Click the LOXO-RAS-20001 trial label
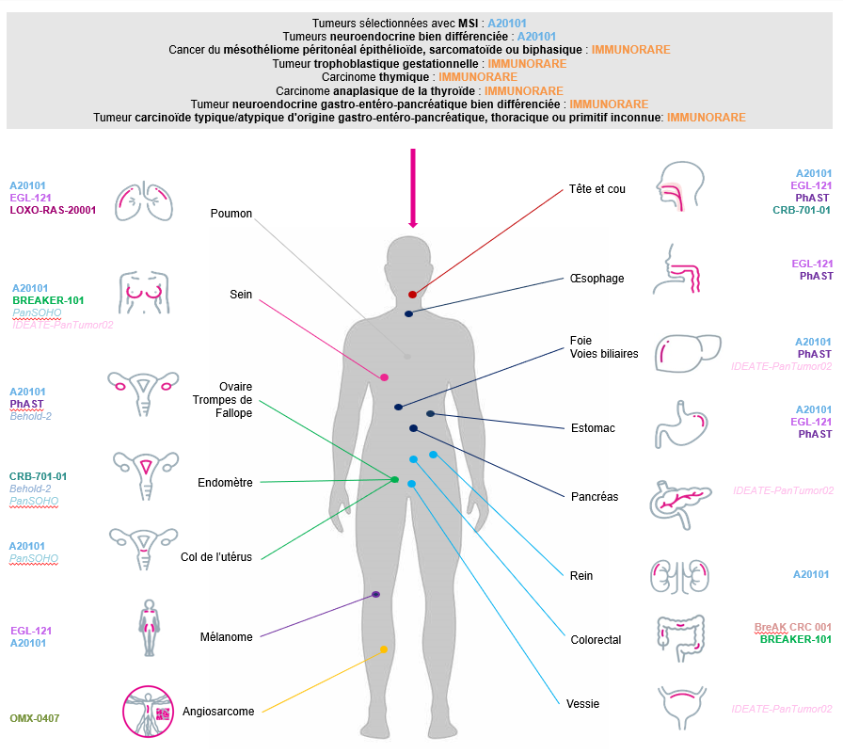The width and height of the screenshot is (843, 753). coord(54,211)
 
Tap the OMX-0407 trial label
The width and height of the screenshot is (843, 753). coord(35,718)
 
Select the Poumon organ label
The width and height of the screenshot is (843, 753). coord(231,214)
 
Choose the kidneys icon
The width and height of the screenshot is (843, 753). coord(678,574)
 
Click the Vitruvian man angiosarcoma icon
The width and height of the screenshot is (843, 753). coord(149,710)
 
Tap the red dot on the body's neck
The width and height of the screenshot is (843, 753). coord(412,295)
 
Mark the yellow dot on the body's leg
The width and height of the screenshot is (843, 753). coord(384,649)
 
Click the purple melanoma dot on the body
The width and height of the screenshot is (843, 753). coord(375,595)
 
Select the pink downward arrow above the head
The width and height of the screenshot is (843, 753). coord(412,188)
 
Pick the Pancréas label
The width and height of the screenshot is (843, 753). coord(595,496)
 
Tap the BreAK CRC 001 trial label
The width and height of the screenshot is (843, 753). coord(793,627)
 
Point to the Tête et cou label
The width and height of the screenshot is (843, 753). coord(597,189)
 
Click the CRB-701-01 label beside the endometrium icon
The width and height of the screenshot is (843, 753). coord(38,476)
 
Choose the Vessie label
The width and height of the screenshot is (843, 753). coord(583,703)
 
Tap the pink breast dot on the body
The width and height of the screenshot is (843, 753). coord(384,377)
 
